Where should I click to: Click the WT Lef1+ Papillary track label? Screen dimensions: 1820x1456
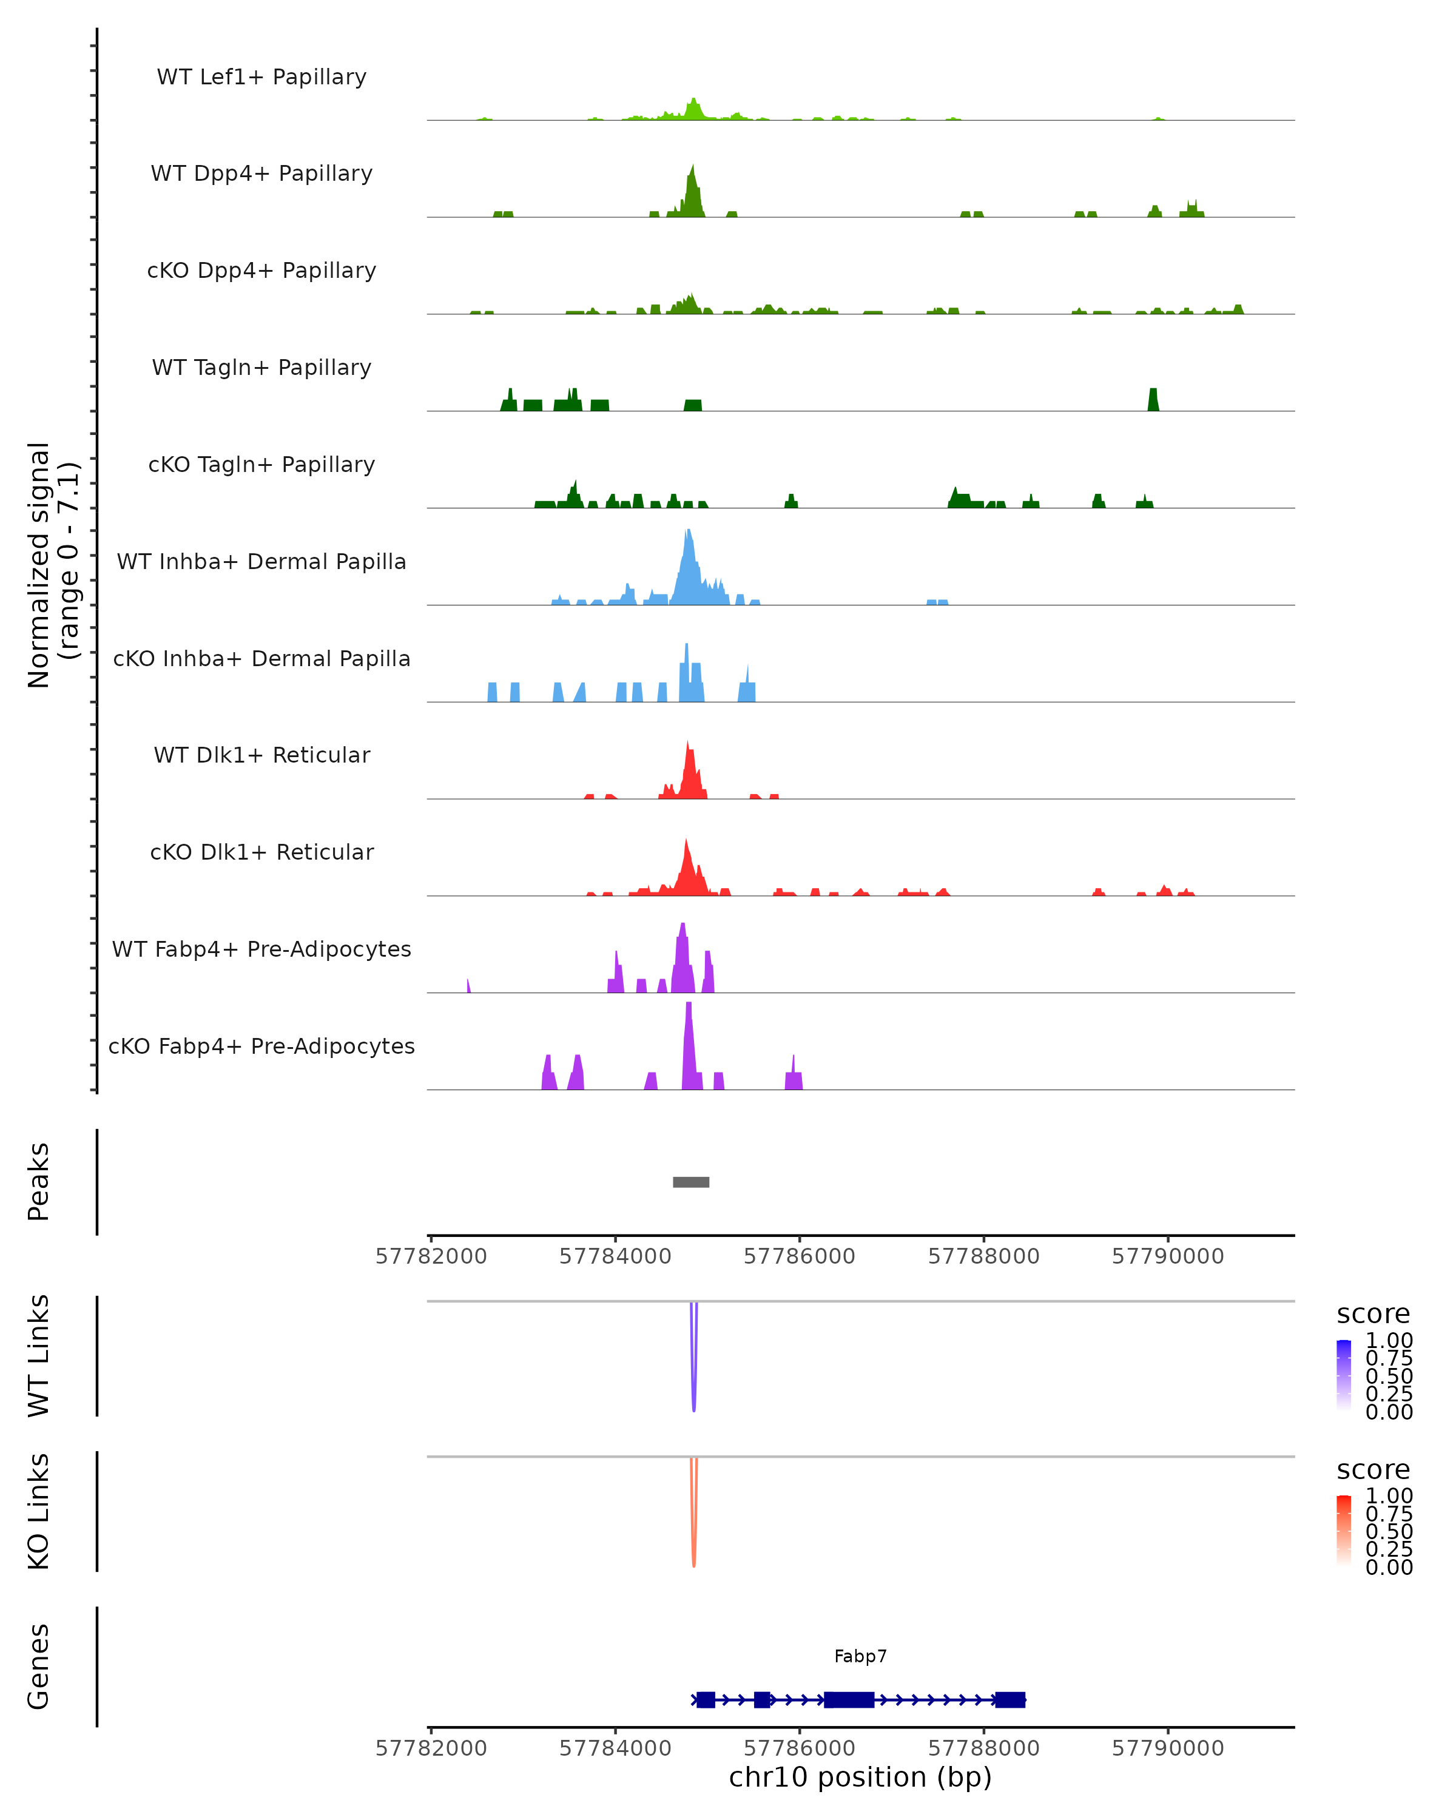pos(261,77)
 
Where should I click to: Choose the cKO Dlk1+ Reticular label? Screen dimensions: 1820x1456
pos(261,852)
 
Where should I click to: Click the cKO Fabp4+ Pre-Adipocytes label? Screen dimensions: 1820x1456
pos(261,1046)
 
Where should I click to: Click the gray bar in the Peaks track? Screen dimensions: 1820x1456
pos(690,1182)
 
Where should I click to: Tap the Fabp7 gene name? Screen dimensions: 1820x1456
pos(860,1656)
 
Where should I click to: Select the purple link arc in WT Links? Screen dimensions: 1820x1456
pos(694,1384)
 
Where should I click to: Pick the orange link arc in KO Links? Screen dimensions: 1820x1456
pos(694,1540)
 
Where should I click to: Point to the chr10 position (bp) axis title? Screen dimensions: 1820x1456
pos(860,1777)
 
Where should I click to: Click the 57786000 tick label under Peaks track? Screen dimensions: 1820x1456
pos(800,1256)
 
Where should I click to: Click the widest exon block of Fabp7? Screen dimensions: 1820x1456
pos(849,1699)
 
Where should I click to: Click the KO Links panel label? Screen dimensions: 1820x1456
pos(39,1511)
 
